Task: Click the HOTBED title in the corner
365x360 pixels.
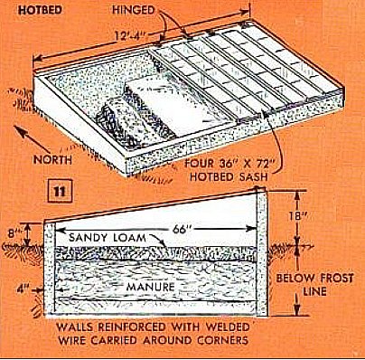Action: click(40, 10)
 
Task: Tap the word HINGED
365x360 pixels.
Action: click(134, 10)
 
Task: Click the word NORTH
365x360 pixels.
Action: click(52, 160)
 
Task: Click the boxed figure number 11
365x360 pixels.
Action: click(60, 191)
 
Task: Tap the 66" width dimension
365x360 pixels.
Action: click(183, 229)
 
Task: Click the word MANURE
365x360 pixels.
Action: click(150, 287)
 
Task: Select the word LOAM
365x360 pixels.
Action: click(128, 237)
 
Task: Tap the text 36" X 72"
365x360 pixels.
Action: click(240, 164)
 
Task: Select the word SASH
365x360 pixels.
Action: click(253, 176)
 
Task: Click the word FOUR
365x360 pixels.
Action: click(199, 164)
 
